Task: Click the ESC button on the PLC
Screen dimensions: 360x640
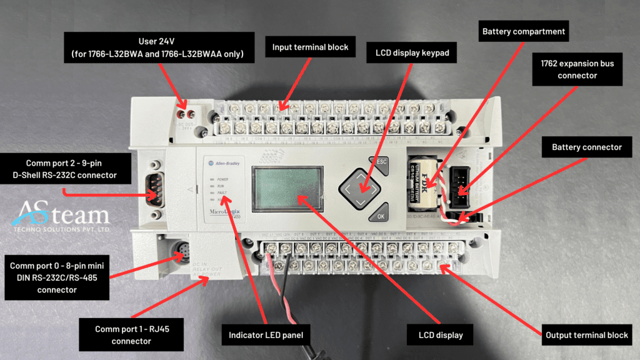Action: coord(379,162)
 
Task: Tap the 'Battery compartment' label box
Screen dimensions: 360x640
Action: coord(523,31)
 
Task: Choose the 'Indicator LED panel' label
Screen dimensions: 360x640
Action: coord(266,335)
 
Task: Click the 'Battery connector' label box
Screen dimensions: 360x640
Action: coord(587,147)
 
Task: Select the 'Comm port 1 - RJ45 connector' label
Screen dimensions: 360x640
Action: coord(131,335)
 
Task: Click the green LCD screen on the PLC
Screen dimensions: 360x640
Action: coord(287,188)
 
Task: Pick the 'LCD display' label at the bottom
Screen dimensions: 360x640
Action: coord(441,335)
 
